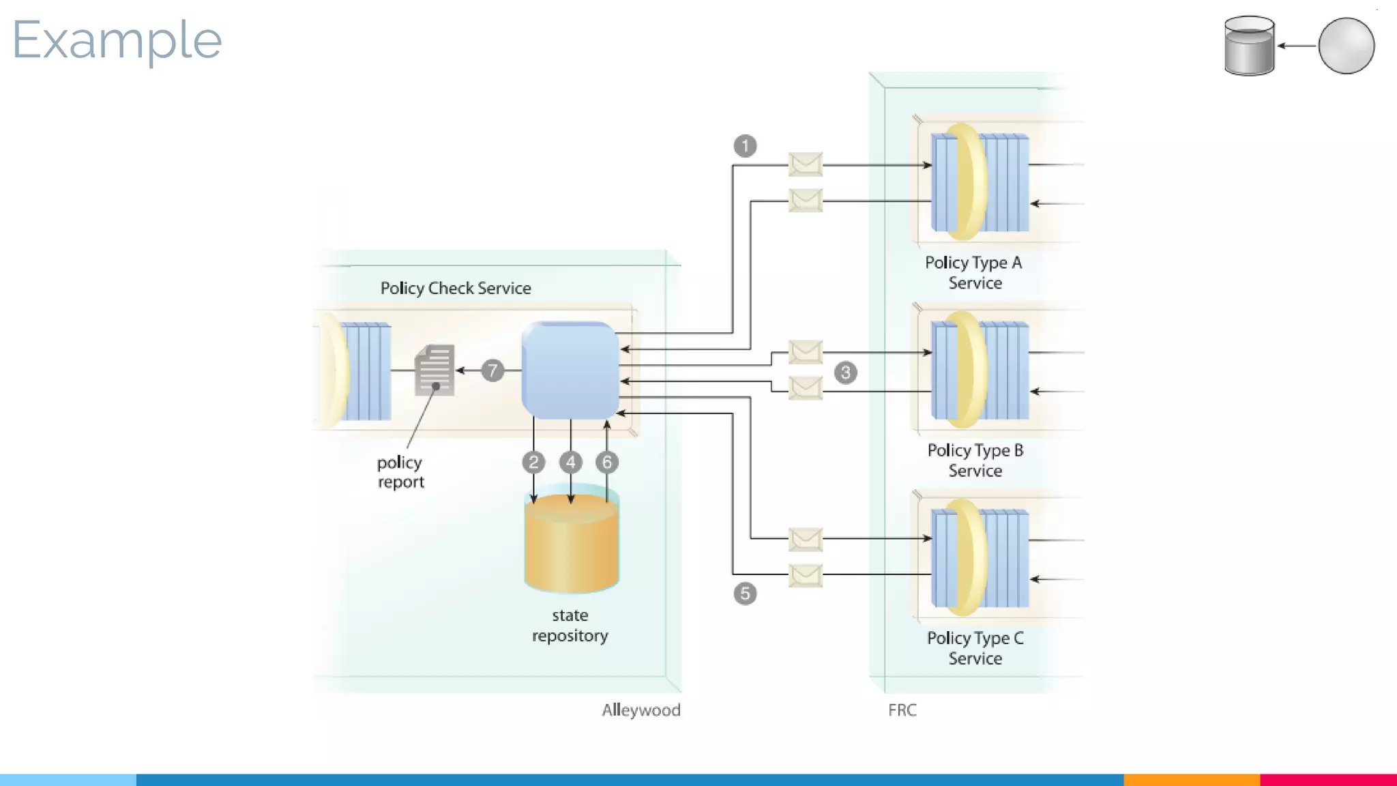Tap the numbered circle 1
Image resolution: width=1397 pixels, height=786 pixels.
coord(745,146)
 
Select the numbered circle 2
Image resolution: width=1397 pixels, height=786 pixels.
coord(533,463)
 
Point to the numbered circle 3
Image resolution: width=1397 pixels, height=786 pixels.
coord(846,373)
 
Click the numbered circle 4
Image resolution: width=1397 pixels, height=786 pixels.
coord(571,463)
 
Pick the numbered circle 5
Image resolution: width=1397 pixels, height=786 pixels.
coord(745,594)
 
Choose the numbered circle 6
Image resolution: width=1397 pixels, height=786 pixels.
coord(607,463)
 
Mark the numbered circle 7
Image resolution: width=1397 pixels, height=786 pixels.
coord(492,370)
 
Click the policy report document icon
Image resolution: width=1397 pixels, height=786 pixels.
coord(435,370)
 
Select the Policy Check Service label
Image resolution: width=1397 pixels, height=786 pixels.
coord(456,288)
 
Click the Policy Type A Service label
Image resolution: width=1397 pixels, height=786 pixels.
coord(974,273)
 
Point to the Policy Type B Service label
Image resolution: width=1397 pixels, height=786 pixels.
coord(975,461)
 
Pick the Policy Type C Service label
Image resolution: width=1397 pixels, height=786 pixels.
coord(975,648)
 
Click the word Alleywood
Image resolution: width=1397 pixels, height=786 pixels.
coord(641,710)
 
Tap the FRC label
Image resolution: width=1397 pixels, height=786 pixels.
coord(902,710)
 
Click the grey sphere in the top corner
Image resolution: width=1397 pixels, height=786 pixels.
coord(1346,46)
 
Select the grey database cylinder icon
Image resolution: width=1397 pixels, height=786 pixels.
coord(1249,46)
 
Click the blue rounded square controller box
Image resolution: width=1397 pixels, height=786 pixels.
coord(570,370)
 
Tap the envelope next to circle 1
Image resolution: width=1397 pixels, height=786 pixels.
coord(806,164)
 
